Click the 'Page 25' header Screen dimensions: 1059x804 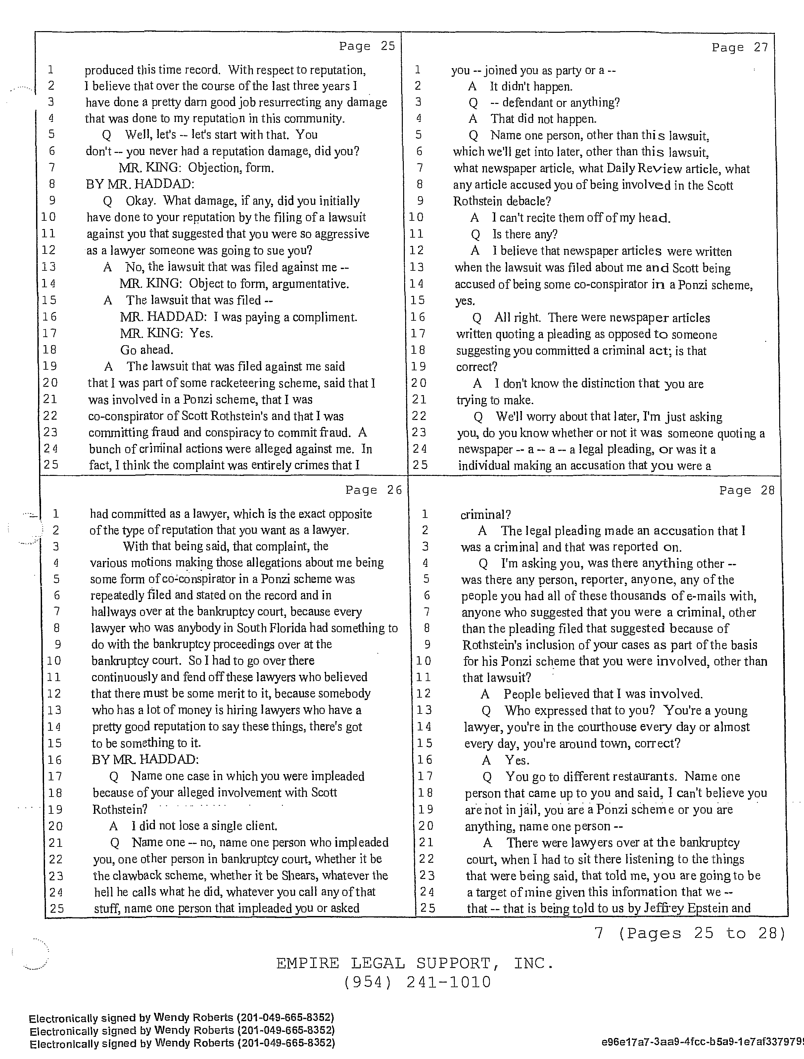click(367, 46)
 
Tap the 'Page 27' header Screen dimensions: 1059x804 click(739, 47)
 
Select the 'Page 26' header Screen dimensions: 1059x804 click(373, 490)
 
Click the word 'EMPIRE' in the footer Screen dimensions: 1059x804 click(307, 963)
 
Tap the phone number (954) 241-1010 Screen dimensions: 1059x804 click(417, 982)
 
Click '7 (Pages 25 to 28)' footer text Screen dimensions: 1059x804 click(689, 933)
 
